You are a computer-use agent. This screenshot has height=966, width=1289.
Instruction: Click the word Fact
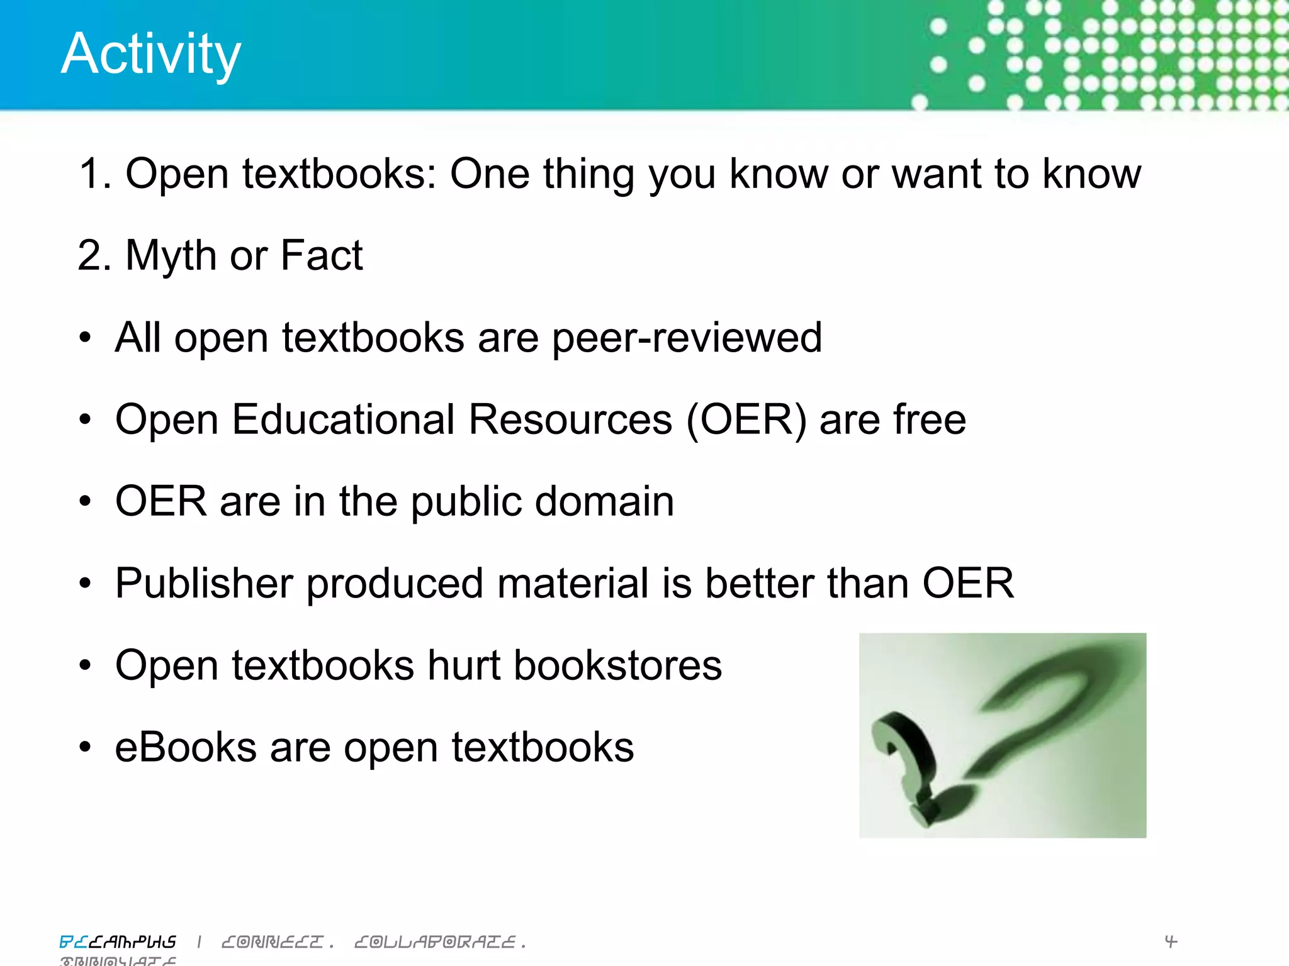pos(322,255)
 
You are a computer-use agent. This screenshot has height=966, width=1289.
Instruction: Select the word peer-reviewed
pos(687,338)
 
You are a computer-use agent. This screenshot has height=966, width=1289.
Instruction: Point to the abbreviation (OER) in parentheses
pos(746,419)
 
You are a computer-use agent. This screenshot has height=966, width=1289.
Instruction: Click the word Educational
pos(343,419)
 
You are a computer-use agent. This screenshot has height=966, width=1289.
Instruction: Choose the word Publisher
pos(204,584)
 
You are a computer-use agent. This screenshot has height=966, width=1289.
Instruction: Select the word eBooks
pos(186,747)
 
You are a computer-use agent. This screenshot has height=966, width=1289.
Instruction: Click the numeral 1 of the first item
pos(89,174)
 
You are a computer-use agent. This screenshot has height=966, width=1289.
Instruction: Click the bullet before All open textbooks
pos(85,338)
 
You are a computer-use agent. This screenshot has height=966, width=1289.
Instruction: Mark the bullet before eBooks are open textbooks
pos(85,747)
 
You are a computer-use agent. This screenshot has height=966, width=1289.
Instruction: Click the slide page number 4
pos(1170,941)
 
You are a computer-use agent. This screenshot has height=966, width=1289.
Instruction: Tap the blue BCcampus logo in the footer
pos(118,941)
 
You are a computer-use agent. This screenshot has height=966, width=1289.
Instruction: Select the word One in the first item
pos(490,174)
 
